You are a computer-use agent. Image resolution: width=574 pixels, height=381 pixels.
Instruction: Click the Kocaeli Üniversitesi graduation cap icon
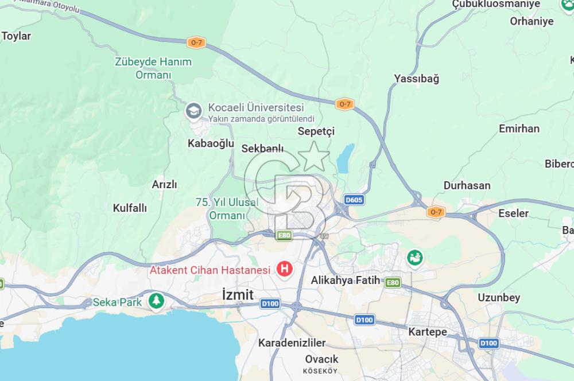tap(193, 110)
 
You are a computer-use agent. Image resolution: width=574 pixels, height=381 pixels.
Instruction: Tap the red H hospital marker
tap(284, 268)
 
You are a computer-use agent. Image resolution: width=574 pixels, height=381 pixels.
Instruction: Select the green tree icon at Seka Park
tap(156, 301)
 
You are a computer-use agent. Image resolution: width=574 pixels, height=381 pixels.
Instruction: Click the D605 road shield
tap(354, 200)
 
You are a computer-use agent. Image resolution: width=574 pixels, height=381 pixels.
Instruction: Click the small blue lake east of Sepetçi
tap(344, 158)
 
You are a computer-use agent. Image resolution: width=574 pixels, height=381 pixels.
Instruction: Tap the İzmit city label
tap(238, 294)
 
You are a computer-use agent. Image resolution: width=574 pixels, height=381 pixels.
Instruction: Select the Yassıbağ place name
tap(416, 79)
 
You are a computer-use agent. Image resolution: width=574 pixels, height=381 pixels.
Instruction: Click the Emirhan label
tap(519, 129)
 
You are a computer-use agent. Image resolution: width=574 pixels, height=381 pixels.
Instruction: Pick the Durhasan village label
tap(467, 185)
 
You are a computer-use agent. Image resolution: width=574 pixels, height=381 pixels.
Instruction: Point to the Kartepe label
tap(427, 332)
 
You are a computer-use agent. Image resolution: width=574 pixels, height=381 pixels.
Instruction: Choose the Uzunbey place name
tap(499, 297)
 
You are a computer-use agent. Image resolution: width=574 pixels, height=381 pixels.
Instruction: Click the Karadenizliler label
tap(292, 343)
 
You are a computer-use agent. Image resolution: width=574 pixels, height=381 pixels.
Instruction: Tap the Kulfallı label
tap(130, 208)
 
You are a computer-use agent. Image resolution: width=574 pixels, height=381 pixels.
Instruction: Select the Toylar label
tap(16, 36)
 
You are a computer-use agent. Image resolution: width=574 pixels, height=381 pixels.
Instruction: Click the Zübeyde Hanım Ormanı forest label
tap(153, 68)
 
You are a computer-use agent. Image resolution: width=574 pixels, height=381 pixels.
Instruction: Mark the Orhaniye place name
tap(532, 21)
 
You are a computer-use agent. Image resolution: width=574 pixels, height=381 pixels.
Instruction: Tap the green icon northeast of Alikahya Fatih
tap(414, 258)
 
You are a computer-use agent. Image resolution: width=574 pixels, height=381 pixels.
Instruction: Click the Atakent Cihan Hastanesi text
tap(210, 270)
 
